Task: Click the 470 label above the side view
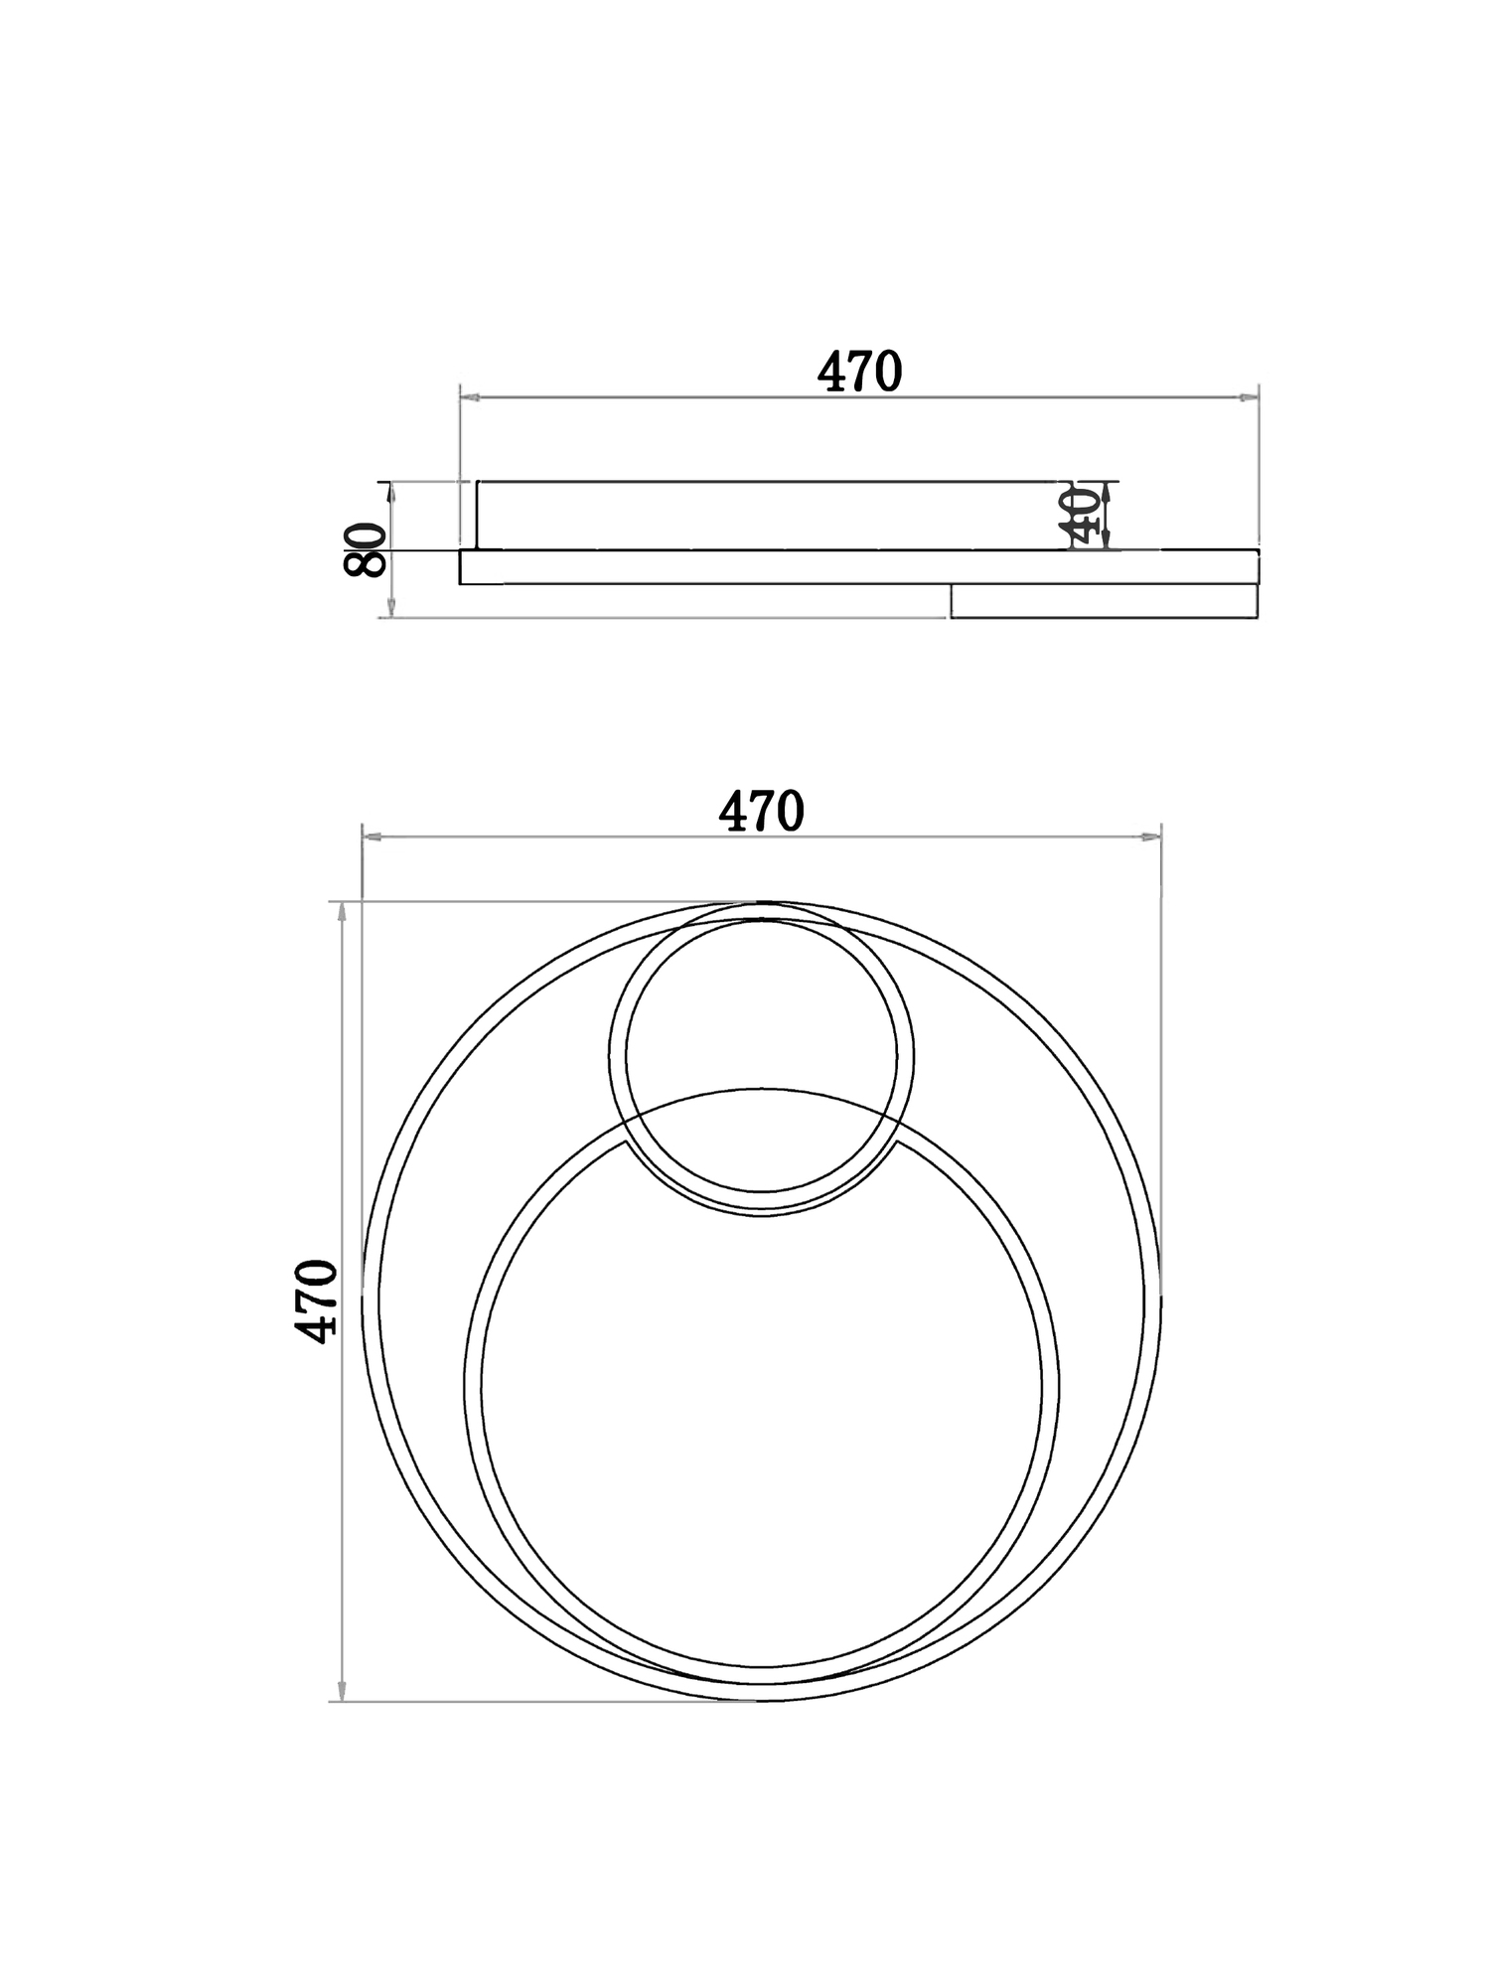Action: [x=859, y=372]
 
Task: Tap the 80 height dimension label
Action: [x=366, y=549]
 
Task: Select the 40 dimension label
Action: [x=1082, y=516]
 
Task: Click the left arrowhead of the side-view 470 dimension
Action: [x=470, y=397]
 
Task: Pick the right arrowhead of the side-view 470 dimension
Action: [x=1249, y=397]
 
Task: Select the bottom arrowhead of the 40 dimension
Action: [x=1107, y=539]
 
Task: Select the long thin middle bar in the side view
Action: [x=695, y=566]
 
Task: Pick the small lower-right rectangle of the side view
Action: [x=1103, y=601]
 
